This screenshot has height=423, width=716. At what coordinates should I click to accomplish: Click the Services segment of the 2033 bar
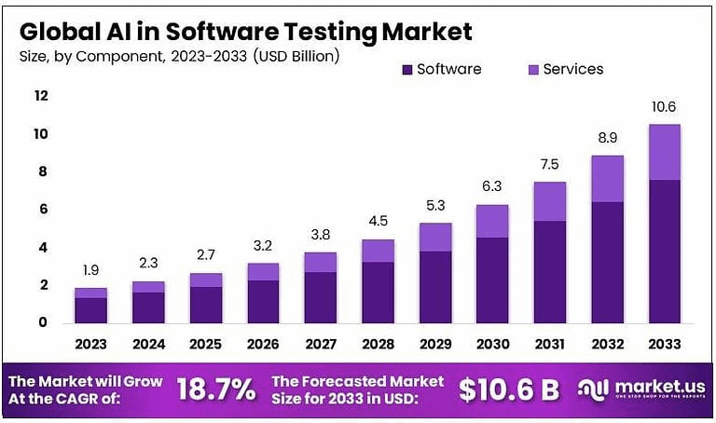click(665, 152)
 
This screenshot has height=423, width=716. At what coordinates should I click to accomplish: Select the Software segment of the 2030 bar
click(492, 280)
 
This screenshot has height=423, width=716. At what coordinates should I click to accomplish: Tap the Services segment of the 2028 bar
click(378, 251)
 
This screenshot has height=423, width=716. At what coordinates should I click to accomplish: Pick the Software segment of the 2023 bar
click(90, 309)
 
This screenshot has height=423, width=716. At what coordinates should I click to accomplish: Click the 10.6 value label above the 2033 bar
click(665, 107)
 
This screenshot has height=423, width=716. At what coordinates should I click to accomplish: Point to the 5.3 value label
click(434, 206)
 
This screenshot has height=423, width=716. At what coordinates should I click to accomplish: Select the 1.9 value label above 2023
click(90, 271)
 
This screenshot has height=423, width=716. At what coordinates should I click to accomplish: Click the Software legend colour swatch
click(406, 69)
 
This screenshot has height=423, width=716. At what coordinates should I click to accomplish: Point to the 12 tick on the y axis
click(41, 96)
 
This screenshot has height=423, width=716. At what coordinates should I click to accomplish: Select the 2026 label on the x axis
click(263, 344)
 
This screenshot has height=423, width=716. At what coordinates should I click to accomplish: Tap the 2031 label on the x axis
click(550, 344)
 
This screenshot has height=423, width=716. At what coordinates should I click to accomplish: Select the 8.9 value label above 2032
click(607, 137)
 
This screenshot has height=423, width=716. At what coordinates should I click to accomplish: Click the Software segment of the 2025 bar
click(205, 304)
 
